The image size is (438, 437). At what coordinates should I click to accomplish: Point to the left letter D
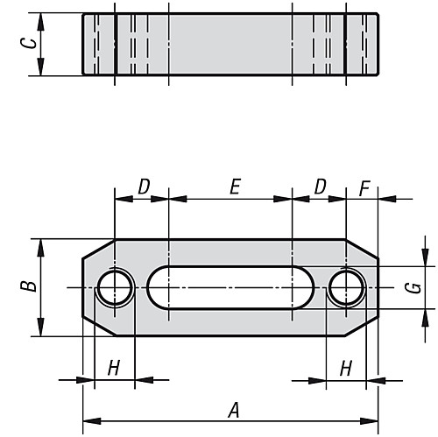click(143, 186)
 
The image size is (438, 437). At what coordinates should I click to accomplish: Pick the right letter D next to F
click(320, 186)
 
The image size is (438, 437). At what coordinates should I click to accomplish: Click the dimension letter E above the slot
click(234, 186)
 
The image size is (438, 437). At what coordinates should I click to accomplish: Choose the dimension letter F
click(364, 186)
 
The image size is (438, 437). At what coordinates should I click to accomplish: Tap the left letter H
click(113, 368)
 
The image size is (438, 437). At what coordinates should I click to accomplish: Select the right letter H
click(345, 368)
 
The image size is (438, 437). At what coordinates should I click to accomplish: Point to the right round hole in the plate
click(346, 286)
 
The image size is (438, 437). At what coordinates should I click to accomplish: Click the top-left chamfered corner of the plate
click(97, 249)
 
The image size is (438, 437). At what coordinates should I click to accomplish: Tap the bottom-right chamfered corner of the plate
click(364, 325)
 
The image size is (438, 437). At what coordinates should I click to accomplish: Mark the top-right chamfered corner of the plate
click(364, 249)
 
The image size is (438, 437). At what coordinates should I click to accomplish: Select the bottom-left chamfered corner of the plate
click(97, 325)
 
